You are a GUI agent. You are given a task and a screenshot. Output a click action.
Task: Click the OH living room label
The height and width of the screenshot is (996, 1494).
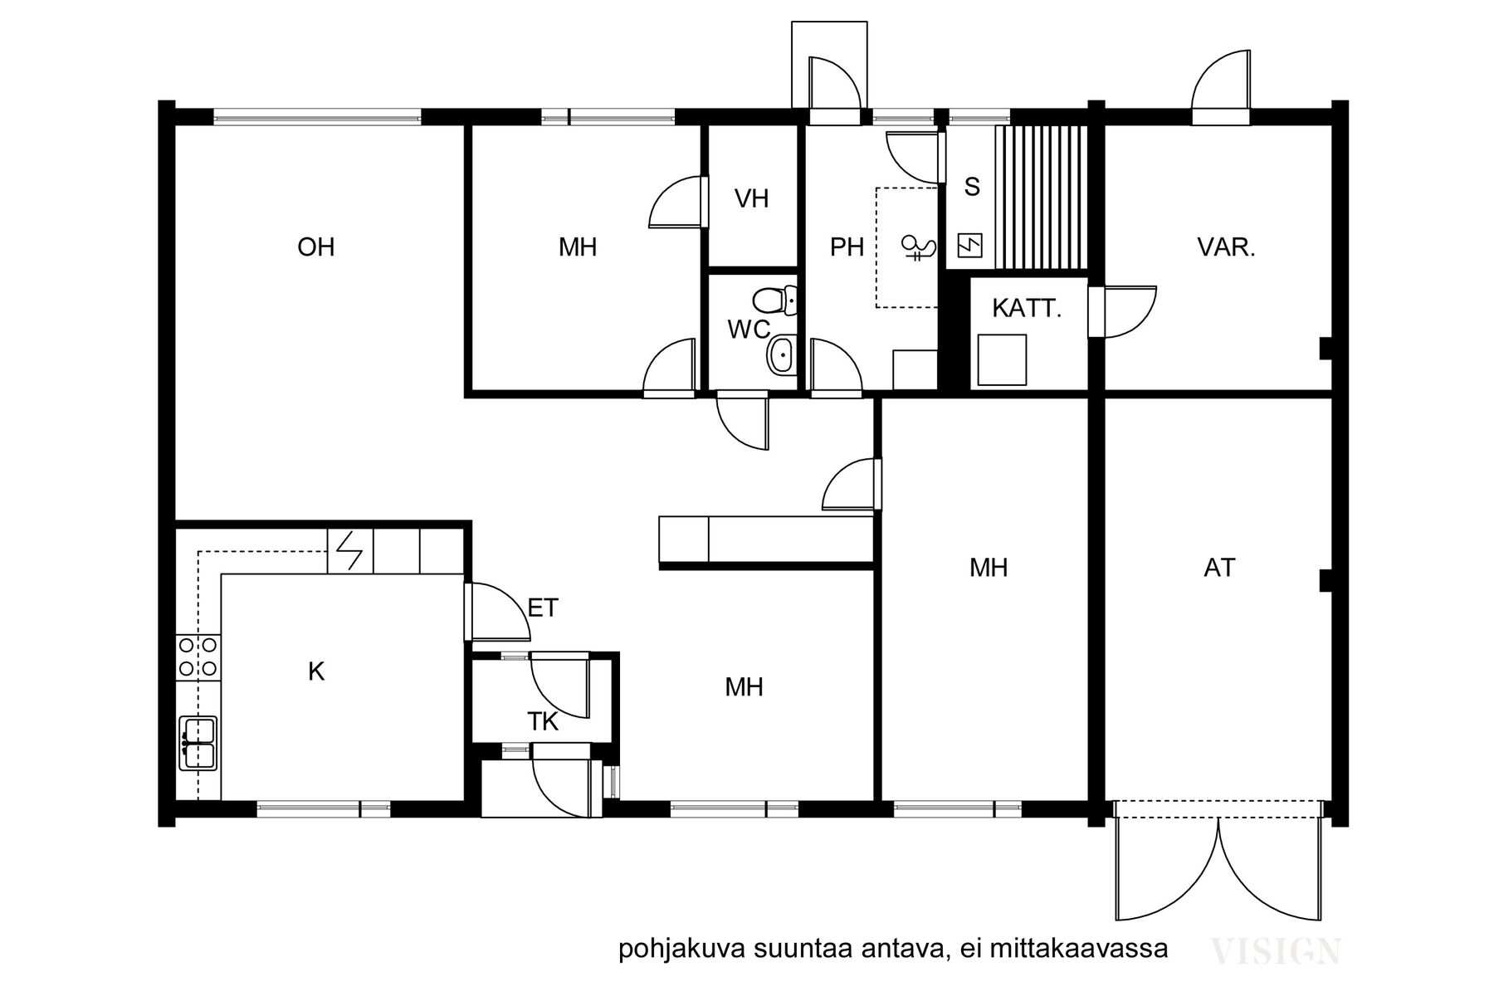pyautogui.click(x=316, y=247)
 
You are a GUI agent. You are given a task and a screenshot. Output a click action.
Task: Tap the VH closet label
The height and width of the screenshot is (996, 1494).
pyautogui.click(x=752, y=198)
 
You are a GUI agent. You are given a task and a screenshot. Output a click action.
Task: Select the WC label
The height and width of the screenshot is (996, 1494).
pyautogui.click(x=749, y=330)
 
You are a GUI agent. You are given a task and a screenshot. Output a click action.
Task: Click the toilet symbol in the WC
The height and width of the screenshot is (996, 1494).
pyautogui.click(x=776, y=300)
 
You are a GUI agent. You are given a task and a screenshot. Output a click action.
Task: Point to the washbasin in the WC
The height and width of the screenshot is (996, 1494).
pyautogui.click(x=782, y=356)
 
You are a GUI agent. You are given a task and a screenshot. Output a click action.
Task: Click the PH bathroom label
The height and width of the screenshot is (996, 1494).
pyautogui.click(x=847, y=247)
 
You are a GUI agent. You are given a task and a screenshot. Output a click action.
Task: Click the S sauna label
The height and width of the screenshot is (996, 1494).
pyautogui.click(x=972, y=187)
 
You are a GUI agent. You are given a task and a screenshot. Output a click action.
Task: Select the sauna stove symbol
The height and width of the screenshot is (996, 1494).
pyautogui.click(x=970, y=246)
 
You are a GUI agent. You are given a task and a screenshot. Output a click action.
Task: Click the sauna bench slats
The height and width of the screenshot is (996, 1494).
pyautogui.click(x=1041, y=198)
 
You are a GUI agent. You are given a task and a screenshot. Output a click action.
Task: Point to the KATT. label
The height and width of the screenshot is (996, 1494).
pyautogui.click(x=1027, y=309)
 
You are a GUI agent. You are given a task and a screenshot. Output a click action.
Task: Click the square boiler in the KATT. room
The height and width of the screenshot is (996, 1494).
pyautogui.click(x=1002, y=359)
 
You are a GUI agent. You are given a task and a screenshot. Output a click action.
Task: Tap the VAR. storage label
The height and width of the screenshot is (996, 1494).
pyautogui.click(x=1226, y=247)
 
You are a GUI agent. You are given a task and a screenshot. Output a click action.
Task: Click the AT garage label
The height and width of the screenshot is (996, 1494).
pyautogui.click(x=1219, y=568)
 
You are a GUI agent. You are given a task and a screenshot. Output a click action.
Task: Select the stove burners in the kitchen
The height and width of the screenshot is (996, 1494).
pyautogui.click(x=198, y=656)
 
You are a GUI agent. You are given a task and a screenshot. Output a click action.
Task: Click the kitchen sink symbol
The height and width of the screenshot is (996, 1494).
pyautogui.click(x=198, y=744)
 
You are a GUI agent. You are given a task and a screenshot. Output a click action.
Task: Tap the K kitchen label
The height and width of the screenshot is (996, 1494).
pyautogui.click(x=316, y=671)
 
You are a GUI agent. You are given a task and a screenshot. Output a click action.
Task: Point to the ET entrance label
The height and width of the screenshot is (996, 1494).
pyautogui.click(x=543, y=608)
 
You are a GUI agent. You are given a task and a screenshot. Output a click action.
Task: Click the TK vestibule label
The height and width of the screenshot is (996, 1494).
pyautogui.click(x=543, y=722)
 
